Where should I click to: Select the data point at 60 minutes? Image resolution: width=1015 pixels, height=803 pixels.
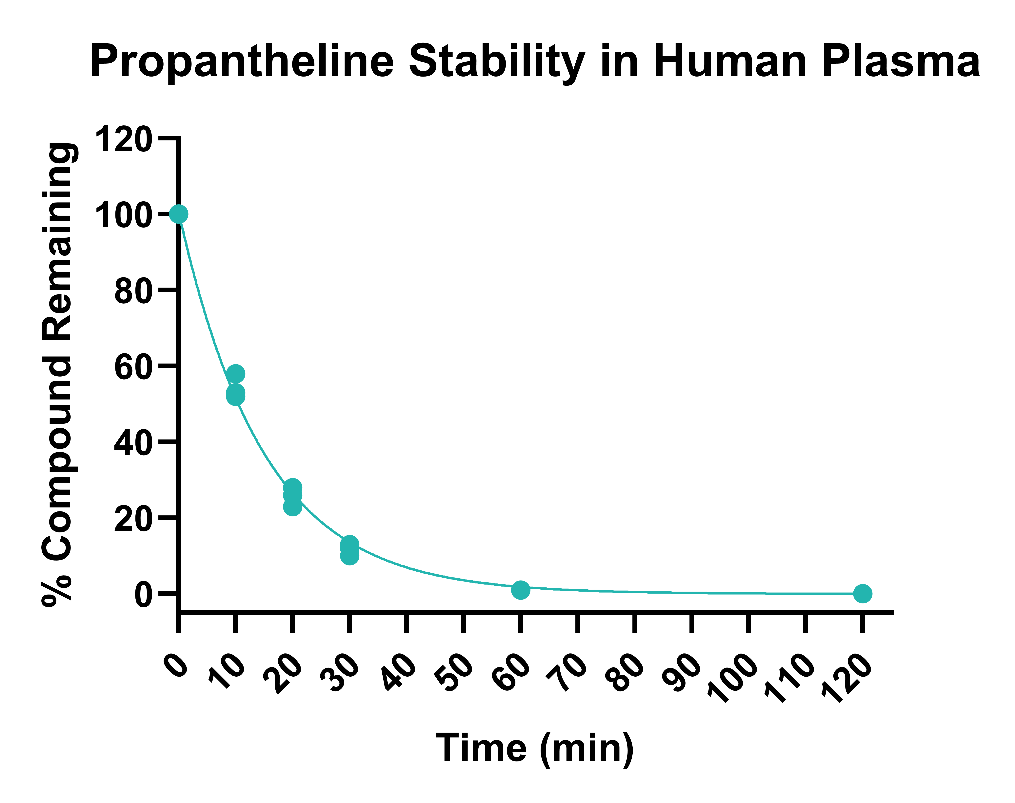point(520,590)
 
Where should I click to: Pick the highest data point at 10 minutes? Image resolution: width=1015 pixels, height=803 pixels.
point(235,374)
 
